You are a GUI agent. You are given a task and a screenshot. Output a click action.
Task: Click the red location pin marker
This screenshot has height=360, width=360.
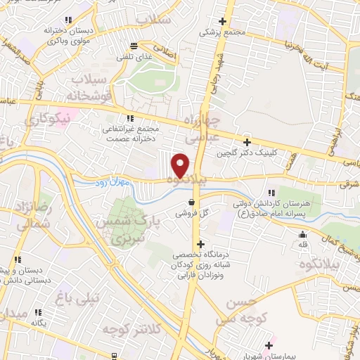pos(181,165)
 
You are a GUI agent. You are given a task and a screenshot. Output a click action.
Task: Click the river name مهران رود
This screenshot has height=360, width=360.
pos(110,184)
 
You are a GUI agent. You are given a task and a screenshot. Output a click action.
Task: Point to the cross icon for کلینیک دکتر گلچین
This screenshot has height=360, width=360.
pos(246,142)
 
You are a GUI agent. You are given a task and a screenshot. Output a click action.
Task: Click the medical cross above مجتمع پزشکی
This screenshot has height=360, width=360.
pos(224,21)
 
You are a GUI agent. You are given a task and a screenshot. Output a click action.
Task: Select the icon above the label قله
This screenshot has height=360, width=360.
pos(303,235)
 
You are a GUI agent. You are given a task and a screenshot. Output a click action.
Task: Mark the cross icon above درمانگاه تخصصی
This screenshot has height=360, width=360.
pos(201,243)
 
